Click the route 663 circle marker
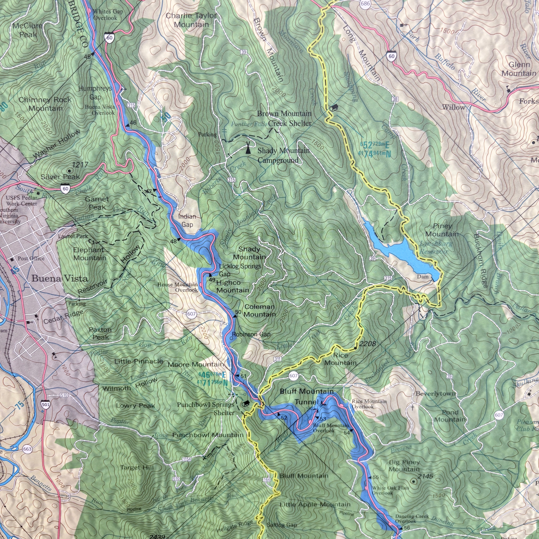[28, 449]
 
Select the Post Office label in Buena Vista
[31, 258]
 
